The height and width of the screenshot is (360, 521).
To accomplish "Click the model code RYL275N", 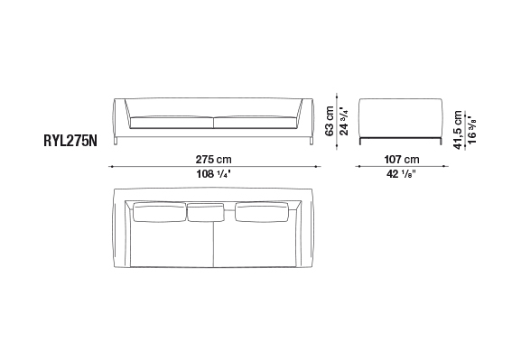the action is pos(70,141).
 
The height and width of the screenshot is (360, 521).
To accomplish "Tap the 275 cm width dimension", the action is pos(213,160).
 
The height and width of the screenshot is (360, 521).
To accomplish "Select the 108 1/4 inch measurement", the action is pos(213,174).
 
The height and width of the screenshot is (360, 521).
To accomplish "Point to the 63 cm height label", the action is pos(329,121).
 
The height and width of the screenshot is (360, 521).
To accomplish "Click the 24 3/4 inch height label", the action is pos(343,121).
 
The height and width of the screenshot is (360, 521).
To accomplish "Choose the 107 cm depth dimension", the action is pos(402,160).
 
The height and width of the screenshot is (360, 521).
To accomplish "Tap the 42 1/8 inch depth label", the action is pos(401,174).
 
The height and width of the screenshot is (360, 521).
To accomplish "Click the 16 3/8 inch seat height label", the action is pos(471,130).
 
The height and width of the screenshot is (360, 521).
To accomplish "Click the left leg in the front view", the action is pos(116,141).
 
